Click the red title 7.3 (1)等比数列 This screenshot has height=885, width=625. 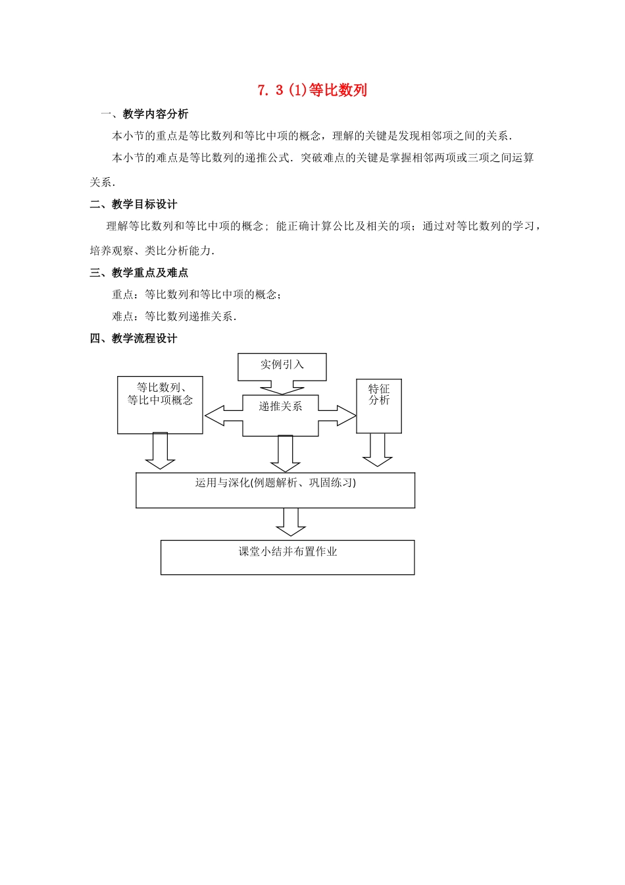(312, 90)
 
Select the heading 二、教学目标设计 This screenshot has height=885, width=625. (134, 204)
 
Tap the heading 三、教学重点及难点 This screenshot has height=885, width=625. (139, 273)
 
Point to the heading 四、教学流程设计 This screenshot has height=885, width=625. (134, 338)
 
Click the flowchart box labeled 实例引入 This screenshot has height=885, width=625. (282, 366)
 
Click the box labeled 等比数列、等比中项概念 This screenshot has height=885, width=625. (160, 405)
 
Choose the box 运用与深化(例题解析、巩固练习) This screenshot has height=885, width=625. (275, 490)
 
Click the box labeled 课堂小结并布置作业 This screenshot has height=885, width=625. (287, 557)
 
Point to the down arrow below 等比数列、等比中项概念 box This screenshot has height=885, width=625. (160, 450)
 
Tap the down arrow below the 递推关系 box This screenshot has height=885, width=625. (286, 453)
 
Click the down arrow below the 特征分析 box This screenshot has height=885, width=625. (378, 450)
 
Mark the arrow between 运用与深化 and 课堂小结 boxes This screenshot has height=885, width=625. (291, 522)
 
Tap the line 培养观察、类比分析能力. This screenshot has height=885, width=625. (153, 251)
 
